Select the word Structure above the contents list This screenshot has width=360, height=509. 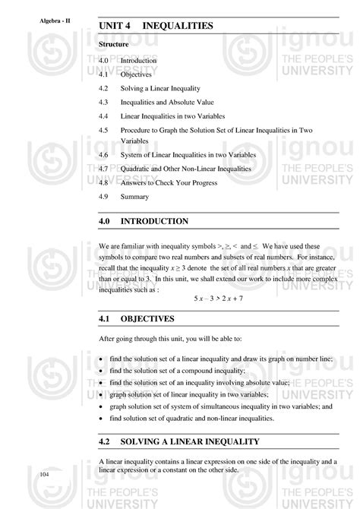(113, 46)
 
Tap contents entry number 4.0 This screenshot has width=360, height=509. (105, 61)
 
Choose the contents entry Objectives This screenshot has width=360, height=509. (136, 74)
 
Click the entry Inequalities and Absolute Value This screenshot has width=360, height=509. (167, 103)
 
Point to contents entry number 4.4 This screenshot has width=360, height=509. (105, 116)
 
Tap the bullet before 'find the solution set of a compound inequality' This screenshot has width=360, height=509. (102, 370)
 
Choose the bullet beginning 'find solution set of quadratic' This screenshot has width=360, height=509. (102, 418)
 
